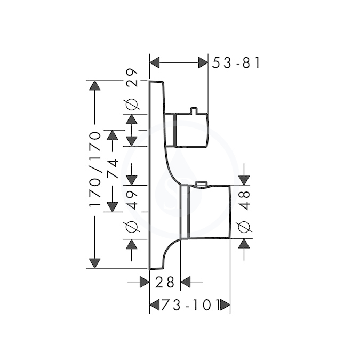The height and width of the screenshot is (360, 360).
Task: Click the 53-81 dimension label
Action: coord(236,63)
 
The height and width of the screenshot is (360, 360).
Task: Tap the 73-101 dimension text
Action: coord(190,305)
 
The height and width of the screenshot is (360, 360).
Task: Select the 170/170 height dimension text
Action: coord(95,170)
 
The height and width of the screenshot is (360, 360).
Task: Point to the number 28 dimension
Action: coord(165,282)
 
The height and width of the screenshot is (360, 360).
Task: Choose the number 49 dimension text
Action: coord(132,200)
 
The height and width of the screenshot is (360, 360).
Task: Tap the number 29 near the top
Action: coord(132,78)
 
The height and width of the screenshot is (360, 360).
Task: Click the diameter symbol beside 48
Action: coord(244,227)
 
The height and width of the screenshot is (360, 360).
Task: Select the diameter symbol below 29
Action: coord(132,104)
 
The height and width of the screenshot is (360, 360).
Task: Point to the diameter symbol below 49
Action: coord(132,227)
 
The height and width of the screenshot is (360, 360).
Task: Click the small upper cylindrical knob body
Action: coord(191,130)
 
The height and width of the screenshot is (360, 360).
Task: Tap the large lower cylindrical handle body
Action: coord(209,211)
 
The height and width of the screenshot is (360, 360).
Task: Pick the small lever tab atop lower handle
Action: coord(201,184)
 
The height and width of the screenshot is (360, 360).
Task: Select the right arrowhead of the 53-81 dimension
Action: coord(203,63)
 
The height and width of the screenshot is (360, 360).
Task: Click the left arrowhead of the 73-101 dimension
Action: coord(154,306)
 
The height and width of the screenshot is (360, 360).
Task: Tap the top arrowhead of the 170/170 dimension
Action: coord(95,85)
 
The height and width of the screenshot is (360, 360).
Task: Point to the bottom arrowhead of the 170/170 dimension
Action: coord(95,263)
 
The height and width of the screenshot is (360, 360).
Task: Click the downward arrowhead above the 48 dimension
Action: coord(244,180)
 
